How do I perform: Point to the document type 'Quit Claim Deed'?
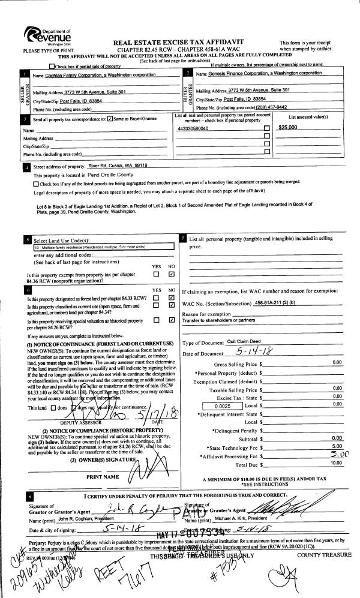coord(245,342)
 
